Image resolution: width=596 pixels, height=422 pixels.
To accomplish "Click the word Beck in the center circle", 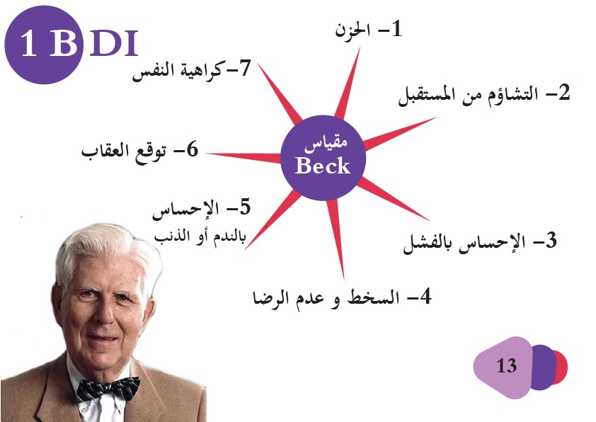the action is tap(322, 166).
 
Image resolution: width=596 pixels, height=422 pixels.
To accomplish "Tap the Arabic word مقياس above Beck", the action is tap(326, 144).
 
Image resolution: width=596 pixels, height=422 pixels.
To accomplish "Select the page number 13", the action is tap(506, 365).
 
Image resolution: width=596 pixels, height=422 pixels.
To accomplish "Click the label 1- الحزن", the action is tap(368, 30).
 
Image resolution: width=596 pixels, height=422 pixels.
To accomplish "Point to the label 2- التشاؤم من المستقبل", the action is tap(484, 94).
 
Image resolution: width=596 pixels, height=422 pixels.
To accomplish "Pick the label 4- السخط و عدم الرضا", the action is tap(342, 297).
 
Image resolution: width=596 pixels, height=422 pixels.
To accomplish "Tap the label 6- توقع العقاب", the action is tap(140, 151).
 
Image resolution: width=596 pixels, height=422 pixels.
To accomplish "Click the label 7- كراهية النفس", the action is tap(191, 70).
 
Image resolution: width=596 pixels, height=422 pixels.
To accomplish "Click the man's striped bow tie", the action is tap(108, 389).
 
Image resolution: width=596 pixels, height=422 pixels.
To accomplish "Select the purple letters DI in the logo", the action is tap(113, 43).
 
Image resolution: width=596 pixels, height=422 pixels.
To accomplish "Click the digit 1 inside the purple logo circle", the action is tap(29, 43).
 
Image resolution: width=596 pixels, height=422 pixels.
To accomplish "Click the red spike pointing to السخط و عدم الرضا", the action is tap(336, 238).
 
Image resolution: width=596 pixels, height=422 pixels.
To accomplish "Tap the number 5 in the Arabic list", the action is tap(245, 207).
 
